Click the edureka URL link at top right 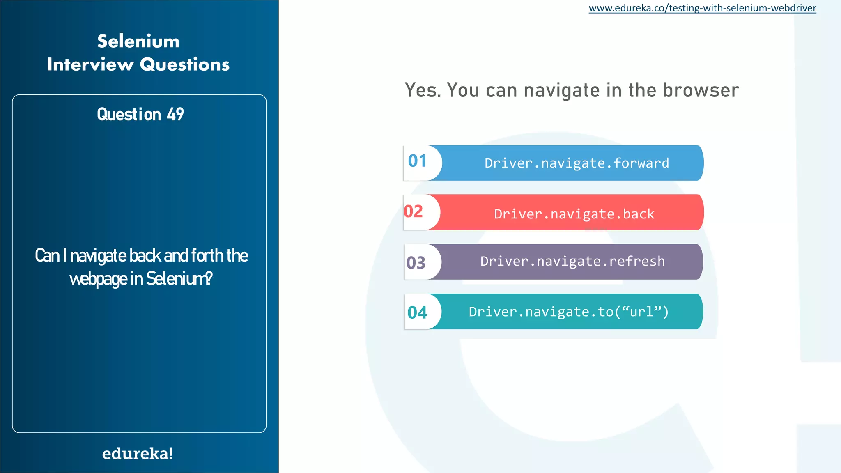point(702,8)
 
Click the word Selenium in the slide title point(138,41)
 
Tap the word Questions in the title point(185,64)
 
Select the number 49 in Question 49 point(175,114)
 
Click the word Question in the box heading point(129,114)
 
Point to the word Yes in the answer point(422,90)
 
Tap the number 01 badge point(418,161)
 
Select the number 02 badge point(414,211)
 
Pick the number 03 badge point(416,263)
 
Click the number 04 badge point(418,312)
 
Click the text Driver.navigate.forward point(577,163)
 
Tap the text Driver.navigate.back point(574,214)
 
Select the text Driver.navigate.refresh point(572,261)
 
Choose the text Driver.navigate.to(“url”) point(569,312)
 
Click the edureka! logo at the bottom point(138,454)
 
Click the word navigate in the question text point(98,256)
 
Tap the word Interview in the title point(90,64)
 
